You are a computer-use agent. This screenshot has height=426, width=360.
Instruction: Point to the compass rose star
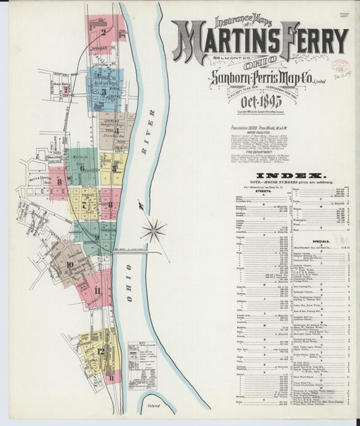[153, 231]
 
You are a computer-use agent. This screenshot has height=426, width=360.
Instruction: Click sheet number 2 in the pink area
[103, 31]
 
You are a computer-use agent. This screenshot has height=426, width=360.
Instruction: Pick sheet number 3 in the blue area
[103, 90]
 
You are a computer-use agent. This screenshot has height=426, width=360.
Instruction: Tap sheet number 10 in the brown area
[70, 264]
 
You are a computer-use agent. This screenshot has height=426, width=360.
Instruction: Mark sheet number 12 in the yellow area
[99, 350]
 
